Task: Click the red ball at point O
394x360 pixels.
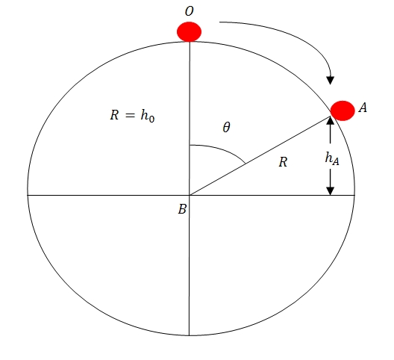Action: (x=190, y=31)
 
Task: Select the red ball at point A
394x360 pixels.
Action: (x=343, y=111)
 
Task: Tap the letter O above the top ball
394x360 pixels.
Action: (x=190, y=11)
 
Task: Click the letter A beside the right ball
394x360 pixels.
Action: (x=363, y=108)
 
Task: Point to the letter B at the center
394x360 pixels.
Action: (x=182, y=209)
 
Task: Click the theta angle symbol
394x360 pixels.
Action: (x=226, y=127)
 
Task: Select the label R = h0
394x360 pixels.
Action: (x=132, y=116)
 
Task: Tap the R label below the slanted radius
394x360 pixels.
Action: (x=283, y=162)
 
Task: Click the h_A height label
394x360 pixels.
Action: (x=332, y=158)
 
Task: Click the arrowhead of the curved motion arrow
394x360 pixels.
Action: (x=330, y=81)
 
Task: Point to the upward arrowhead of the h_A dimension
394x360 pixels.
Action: (x=330, y=121)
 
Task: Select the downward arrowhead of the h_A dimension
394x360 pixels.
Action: (x=330, y=191)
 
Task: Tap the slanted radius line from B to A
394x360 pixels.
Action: (x=260, y=155)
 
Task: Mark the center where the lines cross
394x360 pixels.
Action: (x=190, y=195)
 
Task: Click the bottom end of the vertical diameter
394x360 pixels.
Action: (x=190, y=335)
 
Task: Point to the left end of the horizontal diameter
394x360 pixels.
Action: (x=28, y=195)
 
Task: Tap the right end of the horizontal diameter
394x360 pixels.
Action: (x=354, y=195)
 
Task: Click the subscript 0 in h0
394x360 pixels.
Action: (x=151, y=119)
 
